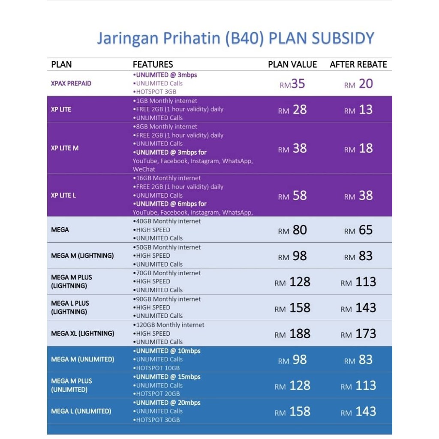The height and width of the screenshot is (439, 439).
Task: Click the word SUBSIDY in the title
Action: tap(343, 39)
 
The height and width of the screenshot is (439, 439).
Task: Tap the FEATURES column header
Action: tap(153, 65)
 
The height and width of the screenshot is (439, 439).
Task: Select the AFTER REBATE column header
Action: tap(358, 65)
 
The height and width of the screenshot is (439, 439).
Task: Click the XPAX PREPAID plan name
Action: tap(71, 83)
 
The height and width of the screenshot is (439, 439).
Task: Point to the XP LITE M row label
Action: tap(65, 148)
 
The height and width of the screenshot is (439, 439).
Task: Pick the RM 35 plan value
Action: tap(292, 84)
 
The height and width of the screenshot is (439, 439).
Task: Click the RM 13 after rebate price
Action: tap(358, 110)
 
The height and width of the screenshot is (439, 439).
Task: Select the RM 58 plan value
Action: tap(292, 196)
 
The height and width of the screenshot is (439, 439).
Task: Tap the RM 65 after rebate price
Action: tap(358, 230)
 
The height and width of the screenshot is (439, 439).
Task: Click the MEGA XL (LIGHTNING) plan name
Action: tap(83, 333)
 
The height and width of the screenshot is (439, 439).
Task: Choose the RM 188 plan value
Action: tap(292, 334)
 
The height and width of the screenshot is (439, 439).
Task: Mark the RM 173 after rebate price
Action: tap(358, 334)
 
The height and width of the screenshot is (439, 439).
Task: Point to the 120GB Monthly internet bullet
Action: tap(169, 325)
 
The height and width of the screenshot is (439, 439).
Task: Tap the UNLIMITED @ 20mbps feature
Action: tap(167, 403)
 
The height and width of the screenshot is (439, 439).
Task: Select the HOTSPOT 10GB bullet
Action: tap(157, 368)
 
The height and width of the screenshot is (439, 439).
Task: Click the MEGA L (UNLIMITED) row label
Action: tap(81, 411)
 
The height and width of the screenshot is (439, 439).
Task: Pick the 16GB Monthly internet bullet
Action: tap(168, 178)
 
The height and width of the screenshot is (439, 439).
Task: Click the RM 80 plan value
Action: tap(292, 230)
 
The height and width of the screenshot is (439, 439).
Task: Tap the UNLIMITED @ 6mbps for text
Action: tap(170, 204)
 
